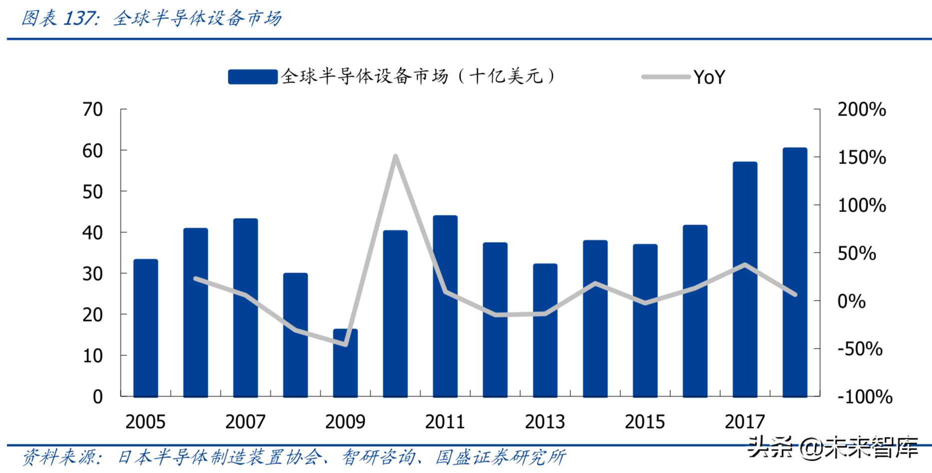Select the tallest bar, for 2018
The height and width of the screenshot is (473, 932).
pyautogui.click(x=795, y=272)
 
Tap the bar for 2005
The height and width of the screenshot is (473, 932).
pyautogui.click(x=146, y=328)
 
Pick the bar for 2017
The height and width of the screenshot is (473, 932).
pyautogui.click(x=745, y=280)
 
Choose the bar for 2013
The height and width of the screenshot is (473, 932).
pyautogui.click(x=545, y=330)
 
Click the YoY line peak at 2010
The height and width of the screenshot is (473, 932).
pyautogui.click(x=395, y=156)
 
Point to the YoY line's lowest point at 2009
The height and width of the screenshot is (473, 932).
pyautogui.click(x=346, y=344)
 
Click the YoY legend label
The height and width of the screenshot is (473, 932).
pyautogui.click(x=709, y=77)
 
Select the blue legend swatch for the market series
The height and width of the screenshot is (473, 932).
pyautogui.click(x=252, y=77)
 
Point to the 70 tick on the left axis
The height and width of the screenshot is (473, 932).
pyautogui.click(x=92, y=109)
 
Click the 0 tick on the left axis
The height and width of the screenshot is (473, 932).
pyautogui.click(x=97, y=397)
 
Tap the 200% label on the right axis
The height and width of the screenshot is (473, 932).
pyautogui.click(x=862, y=109)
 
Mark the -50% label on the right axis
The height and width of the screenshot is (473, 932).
pyautogui.click(x=860, y=349)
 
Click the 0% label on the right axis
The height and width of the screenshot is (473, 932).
pyautogui.click(x=851, y=301)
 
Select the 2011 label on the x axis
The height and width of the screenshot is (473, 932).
pyautogui.click(x=445, y=422)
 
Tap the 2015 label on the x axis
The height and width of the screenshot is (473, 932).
pyautogui.click(x=644, y=422)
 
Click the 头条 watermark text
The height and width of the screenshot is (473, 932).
pyautogui.click(x=770, y=446)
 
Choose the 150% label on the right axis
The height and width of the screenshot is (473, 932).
pyautogui.click(x=862, y=157)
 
